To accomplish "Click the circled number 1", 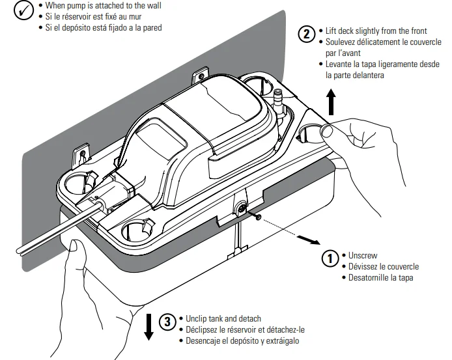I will (332, 258).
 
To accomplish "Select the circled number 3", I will (168, 321).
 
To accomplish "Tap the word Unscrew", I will (363, 255).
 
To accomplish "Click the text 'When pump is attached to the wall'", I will (100, 5).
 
